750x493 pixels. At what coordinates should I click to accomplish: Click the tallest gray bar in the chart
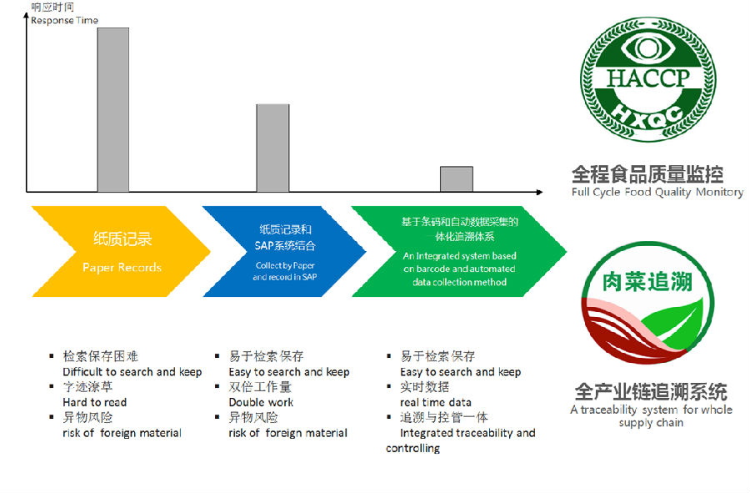[113, 109]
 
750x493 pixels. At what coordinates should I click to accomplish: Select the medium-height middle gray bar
[272, 148]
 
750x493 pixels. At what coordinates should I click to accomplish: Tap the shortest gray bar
[456, 179]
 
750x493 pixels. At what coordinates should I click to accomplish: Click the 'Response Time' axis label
[64, 20]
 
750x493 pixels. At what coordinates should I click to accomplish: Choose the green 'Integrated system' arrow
[459, 251]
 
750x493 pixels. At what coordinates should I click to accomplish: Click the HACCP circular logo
[647, 80]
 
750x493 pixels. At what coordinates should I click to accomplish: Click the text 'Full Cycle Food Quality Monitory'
[657, 193]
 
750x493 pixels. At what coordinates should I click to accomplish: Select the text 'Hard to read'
[95, 402]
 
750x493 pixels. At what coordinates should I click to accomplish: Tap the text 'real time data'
[435, 402]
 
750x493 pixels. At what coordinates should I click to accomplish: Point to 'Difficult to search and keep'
[132, 372]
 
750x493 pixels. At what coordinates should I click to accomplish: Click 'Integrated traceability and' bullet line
[467, 433]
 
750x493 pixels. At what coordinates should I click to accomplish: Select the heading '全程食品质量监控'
[647, 174]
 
